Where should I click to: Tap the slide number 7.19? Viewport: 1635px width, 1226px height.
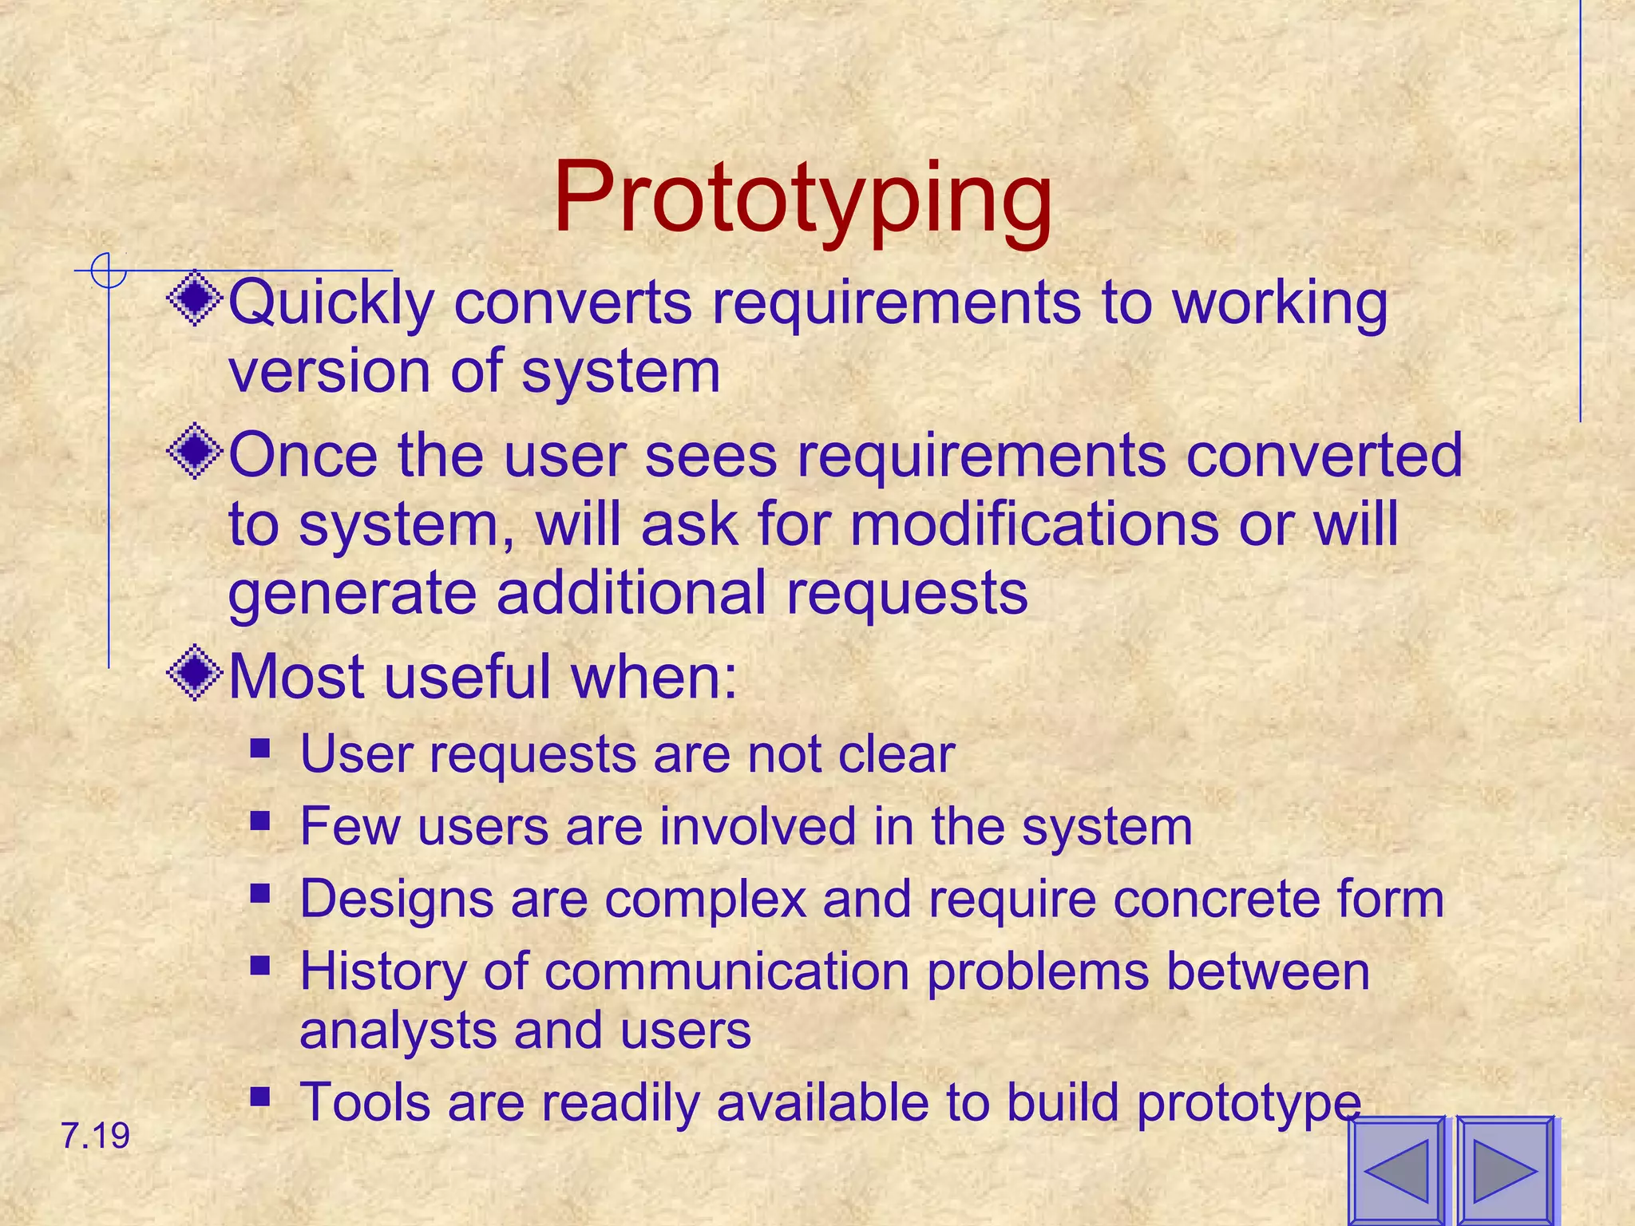click(95, 1136)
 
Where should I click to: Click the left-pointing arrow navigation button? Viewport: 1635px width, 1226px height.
click(1396, 1171)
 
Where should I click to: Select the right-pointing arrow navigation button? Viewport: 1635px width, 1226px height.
click(1505, 1171)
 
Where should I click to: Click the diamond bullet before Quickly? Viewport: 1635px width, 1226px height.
click(195, 301)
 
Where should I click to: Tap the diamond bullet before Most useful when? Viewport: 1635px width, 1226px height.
click(195, 674)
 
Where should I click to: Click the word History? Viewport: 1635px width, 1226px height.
click(382, 973)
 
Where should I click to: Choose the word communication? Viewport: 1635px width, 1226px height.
click(726, 971)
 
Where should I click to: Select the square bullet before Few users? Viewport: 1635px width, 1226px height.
click(259, 821)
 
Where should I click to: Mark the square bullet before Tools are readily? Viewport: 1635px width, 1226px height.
click(259, 1097)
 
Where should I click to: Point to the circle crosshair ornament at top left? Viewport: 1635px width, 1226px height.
click(108, 271)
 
